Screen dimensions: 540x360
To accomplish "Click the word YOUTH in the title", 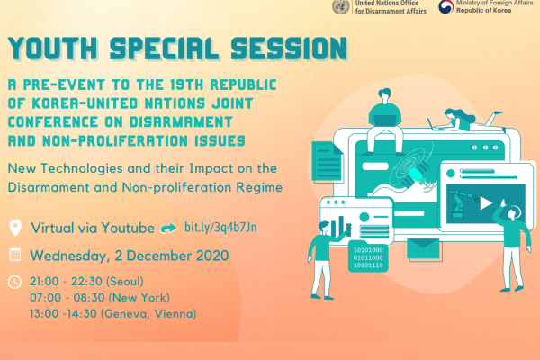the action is coord(53,49).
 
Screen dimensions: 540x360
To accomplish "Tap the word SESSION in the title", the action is coord(289,49).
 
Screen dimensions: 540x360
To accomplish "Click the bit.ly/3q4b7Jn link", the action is coord(220,228).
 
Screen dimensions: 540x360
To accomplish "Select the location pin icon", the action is coord(15,228).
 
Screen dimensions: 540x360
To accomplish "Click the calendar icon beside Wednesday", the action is coord(14,255).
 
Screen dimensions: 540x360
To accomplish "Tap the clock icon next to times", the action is coord(14,282).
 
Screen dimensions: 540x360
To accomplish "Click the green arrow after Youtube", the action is coord(169,228).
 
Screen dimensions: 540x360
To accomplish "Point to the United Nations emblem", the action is coord(341,7).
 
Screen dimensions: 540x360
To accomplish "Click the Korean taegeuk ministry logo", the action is coord(445,6).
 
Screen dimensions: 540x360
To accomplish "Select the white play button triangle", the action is coord(485,203).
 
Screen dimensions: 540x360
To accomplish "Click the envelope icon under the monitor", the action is coord(423,248).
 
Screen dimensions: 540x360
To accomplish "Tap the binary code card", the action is coord(368,257).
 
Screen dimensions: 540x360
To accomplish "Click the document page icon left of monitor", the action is coord(328,162).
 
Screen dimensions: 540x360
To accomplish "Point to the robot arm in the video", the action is coord(462,203).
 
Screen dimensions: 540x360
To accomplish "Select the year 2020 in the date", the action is coord(212,256).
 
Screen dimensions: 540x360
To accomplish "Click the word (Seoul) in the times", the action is coord(125,282).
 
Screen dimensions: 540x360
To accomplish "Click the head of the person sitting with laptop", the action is coord(384,95).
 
